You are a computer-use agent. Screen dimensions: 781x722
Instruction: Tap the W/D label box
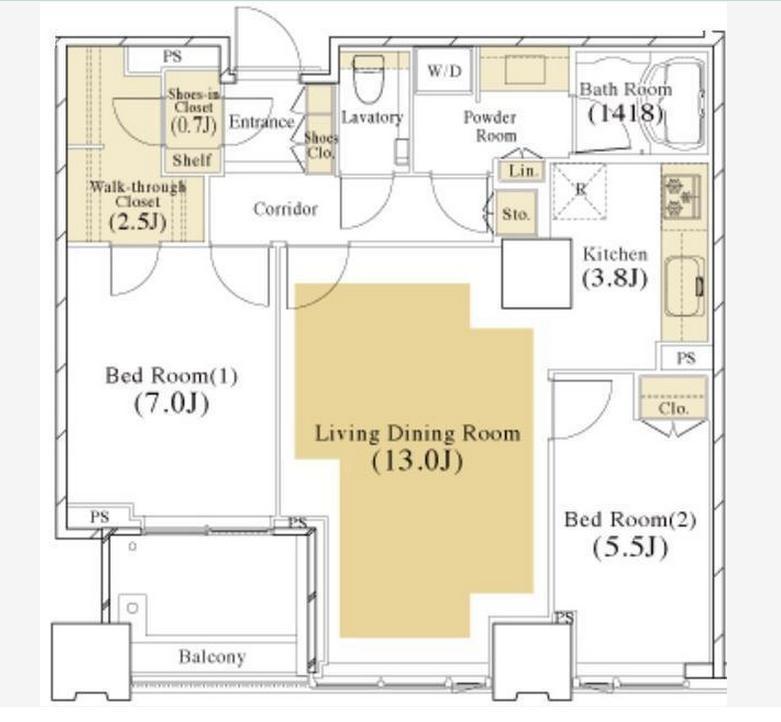tap(444, 70)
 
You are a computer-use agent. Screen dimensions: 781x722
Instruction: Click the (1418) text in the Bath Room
tap(626, 114)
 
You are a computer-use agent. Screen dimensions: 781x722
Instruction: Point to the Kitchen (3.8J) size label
tap(615, 278)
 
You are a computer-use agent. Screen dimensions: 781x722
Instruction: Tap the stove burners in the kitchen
tap(680, 197)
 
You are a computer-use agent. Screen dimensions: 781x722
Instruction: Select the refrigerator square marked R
tap(580, 191)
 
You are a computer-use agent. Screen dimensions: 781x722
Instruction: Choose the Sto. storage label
tap(516, 214)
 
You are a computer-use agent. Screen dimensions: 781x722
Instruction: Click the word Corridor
tap(285, 209)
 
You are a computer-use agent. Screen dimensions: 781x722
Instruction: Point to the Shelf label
tap(192, 160)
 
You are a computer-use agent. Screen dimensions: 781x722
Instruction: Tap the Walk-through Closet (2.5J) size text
tap(137, 221)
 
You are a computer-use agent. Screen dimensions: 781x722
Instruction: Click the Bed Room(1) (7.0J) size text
tap(171, 403)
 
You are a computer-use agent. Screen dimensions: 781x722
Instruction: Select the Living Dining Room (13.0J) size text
tap(417, 461)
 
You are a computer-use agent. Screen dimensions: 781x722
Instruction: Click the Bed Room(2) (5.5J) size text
tap(630, 548)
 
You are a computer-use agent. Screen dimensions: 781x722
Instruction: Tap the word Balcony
tap(212, 657)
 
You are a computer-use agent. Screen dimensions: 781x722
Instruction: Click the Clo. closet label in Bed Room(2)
tap(673, 408)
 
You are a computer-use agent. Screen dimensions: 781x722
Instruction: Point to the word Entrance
tap(261, 122)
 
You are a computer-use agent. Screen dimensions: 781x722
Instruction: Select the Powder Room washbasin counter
tap(524, 69)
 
